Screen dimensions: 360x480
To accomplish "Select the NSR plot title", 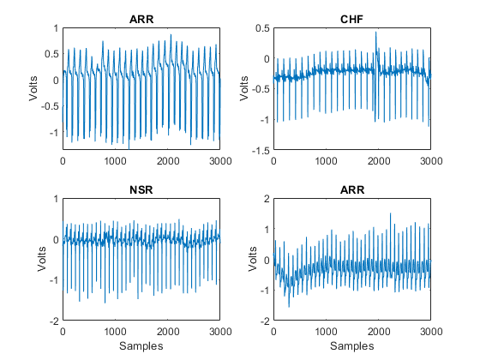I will tap(141, 189).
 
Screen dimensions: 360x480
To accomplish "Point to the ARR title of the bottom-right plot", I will tap(351, 189).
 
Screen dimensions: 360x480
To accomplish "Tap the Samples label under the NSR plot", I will tap(141, 345).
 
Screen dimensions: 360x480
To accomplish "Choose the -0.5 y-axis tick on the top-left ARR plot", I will tap(50, 106).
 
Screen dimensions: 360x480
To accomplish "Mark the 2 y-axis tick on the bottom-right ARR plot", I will tap(266, 199).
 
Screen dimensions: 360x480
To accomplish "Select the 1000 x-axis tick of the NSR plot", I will tap(115, 332).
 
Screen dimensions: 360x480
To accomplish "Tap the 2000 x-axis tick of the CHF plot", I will tap(378, 161).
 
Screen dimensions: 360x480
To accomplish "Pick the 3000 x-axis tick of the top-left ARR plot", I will tap(220, 161).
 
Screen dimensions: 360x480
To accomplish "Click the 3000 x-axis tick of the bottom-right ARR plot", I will tap(430, 332).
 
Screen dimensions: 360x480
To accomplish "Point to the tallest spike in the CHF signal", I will tap(376, 33).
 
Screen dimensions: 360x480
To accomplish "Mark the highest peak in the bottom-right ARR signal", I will tap(391, 213).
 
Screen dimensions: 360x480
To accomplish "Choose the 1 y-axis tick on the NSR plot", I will tap(56, 199).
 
